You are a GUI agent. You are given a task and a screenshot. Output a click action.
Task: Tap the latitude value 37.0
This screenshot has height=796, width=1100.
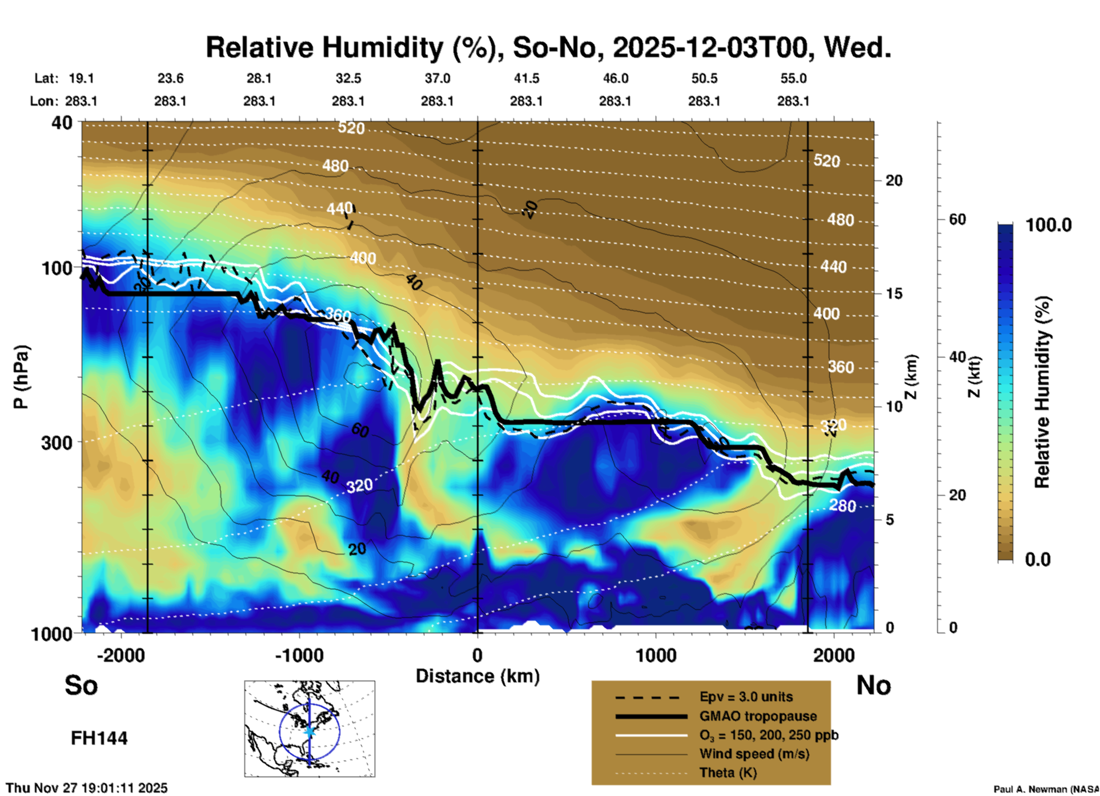(x=437, y=78)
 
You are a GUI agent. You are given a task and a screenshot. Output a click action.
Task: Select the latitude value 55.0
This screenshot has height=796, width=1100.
(x=793, y=78)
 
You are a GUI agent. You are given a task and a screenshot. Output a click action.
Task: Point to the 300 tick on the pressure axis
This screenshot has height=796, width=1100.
(x=57, y=443)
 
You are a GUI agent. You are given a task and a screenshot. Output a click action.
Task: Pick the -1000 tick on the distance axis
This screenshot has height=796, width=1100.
(x=299, y=655)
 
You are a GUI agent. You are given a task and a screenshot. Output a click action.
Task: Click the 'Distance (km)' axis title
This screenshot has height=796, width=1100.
(x=477, y=676)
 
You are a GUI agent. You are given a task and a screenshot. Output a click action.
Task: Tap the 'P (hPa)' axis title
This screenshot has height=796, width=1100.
(x=21, y=377)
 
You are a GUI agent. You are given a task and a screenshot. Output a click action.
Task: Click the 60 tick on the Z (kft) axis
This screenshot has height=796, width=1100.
(x=957, y=219)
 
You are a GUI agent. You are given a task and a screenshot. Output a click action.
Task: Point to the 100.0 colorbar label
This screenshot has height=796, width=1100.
(x=1049, y=225)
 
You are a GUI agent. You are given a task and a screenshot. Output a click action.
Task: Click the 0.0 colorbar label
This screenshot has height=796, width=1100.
(x=1038, y=560)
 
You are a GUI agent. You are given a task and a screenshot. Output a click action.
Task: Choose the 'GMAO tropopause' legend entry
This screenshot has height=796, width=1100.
(x=758, y=716)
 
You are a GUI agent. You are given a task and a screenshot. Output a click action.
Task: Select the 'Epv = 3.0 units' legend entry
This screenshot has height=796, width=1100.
(x=746, y=697)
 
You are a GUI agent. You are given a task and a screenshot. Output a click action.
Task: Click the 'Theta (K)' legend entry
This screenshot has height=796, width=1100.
(x=728, y=773)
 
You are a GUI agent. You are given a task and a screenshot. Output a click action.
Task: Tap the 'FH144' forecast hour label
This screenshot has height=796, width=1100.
(x=99, y=738)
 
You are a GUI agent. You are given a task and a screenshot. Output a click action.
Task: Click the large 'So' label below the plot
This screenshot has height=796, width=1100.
(x=81, y=685)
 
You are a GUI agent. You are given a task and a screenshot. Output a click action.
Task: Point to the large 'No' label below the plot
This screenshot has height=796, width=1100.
(x=873, y=685)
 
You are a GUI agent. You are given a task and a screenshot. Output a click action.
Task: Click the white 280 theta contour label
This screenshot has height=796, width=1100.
(x=842, y=505)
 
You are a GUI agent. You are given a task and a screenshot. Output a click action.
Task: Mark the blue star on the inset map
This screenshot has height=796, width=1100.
(x=309, y=731)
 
